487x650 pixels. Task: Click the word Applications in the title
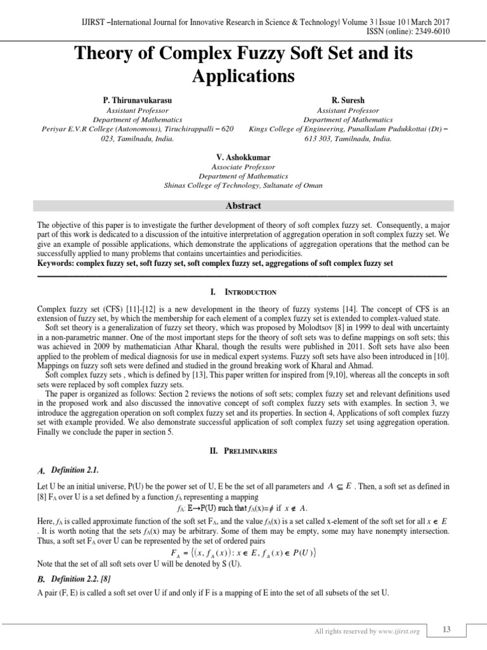(x=243, y=76)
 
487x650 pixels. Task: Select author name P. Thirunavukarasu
(x=138, y=101)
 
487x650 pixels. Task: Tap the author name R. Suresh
(x=347, y=101)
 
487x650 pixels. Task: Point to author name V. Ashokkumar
(x=243, y=157)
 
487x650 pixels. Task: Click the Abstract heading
(x=243, y=206)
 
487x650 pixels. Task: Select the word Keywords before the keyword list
(x=56, y=262)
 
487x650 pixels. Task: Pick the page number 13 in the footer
(x=446, y=629)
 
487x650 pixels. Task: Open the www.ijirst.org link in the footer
(x=403, y=632)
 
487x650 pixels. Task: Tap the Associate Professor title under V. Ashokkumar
(x=243, y=166)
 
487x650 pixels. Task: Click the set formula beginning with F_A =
(x=243, y=552)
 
